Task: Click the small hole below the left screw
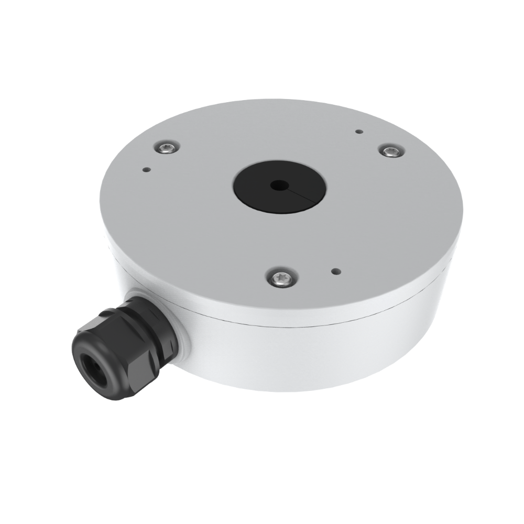coord(146,169)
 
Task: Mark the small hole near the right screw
coord(358,132)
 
